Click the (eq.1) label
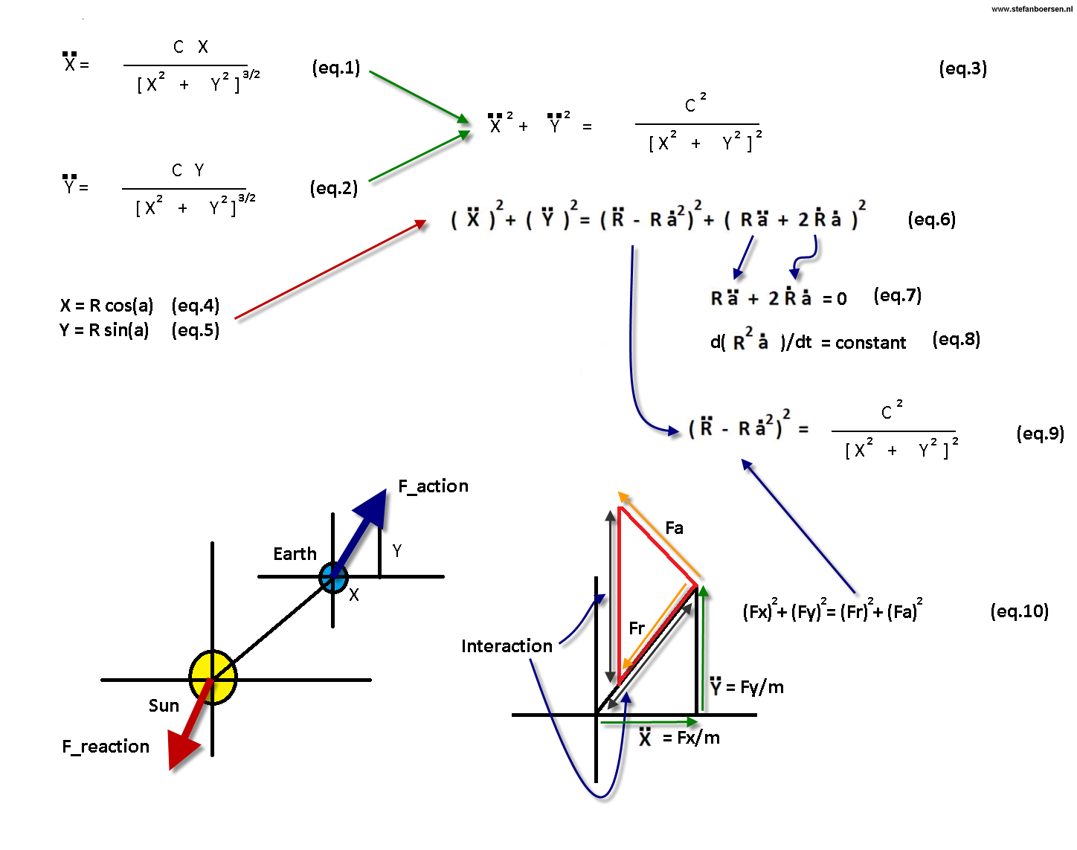(336, 68)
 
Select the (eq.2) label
(334, 188)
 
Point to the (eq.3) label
(963, 68)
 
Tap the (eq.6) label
(932, 219)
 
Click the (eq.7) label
(898, 296)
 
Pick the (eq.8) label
(957, 340)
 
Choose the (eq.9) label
(1041, 434)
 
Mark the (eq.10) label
(1020, 611)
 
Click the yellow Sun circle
(213, 677)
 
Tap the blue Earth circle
(333, 577)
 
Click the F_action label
(434, 486)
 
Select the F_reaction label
(106, 747)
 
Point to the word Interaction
(507, 646)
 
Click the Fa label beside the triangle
(675, 528)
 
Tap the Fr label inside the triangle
(637, 628)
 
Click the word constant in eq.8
(871, 343)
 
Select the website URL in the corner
(1031, 9)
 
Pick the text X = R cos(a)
(107, 306)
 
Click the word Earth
(295, 554)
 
